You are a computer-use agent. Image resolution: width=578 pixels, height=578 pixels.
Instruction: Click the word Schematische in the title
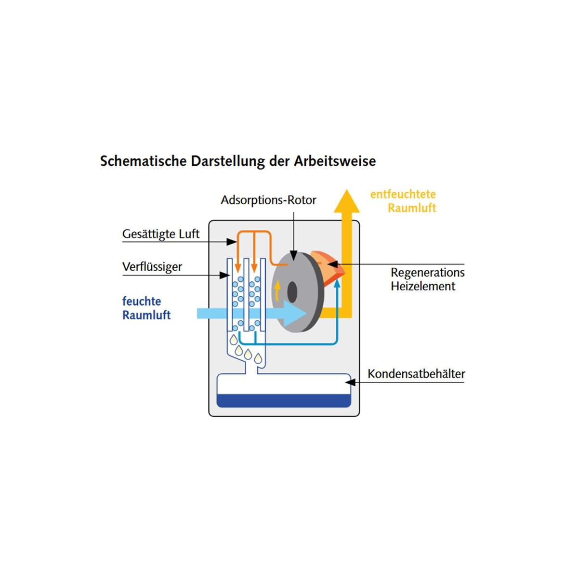tap(144, 161)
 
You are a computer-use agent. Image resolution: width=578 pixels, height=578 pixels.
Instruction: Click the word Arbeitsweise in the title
tap(334, 161)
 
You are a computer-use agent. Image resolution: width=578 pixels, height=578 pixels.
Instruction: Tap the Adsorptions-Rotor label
tap(268, 200)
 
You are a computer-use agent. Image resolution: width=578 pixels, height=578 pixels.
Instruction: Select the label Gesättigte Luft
tap(161, 234)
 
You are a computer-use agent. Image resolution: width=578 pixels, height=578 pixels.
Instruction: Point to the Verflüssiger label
tap(152, 267)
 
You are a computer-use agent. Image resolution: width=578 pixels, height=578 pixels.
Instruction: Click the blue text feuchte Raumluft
tap(146, 308)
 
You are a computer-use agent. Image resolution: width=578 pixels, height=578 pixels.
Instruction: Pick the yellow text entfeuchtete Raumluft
tap(403, 201)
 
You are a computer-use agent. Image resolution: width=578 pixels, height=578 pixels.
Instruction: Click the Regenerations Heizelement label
tap(427, 279)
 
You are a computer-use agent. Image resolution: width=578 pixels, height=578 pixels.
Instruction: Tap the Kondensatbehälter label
tap(416, 374)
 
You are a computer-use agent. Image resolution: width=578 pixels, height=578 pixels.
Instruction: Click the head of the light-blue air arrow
tap(295, 314)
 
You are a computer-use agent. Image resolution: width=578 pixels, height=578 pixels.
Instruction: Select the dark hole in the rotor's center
tap(292, 292)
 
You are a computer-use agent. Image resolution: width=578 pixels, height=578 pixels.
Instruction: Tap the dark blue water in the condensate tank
tap(283, 401)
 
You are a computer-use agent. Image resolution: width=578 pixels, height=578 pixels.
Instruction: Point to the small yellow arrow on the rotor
tap(277, 290)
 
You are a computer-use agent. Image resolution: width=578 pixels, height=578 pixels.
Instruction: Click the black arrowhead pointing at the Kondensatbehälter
tap(350, 382)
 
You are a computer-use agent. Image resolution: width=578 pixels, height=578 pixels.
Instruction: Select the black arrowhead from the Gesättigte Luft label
tap(232, 242)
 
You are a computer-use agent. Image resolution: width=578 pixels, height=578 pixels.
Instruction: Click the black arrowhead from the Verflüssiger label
tap(224, 275)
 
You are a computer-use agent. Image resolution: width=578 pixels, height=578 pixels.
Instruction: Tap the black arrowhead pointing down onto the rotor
tap(294, 256)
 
